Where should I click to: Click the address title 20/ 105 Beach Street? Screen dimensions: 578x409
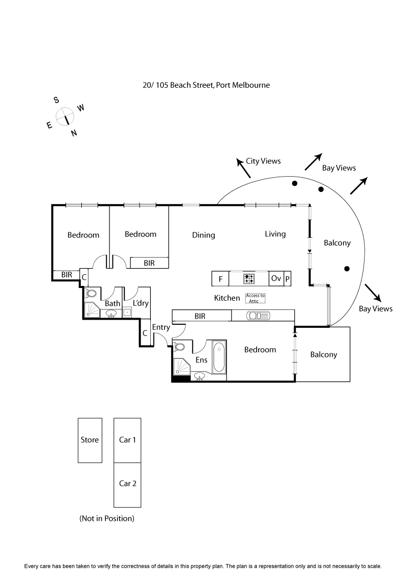point(206,85)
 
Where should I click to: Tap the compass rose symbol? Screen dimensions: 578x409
point(65,116)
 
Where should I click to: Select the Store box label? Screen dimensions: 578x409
point(89,440)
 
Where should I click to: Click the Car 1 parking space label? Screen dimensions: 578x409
point(127,440)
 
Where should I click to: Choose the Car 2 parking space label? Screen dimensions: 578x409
point(127,484)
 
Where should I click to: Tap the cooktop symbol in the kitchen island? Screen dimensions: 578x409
point(249,279)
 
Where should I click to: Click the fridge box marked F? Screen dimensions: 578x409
point(220,279)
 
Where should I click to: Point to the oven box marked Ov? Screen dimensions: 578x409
point(276,279)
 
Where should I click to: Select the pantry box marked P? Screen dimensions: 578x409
point(287,279)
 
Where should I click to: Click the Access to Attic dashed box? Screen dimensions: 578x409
point(255,298)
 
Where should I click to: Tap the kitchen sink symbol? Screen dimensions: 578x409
point(255,316)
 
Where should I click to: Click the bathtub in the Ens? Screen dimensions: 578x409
point(219,357)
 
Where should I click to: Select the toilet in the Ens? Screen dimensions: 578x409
point(179,347)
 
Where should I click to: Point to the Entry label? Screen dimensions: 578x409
point(161,327)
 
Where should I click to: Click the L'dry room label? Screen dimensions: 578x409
point(141,303)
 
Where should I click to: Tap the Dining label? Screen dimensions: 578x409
point(203,235)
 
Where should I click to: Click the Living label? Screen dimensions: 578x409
point(275,234)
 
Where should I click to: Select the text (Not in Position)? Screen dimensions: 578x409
point(107,518)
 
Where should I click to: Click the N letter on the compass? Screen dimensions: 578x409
point(74,133)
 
